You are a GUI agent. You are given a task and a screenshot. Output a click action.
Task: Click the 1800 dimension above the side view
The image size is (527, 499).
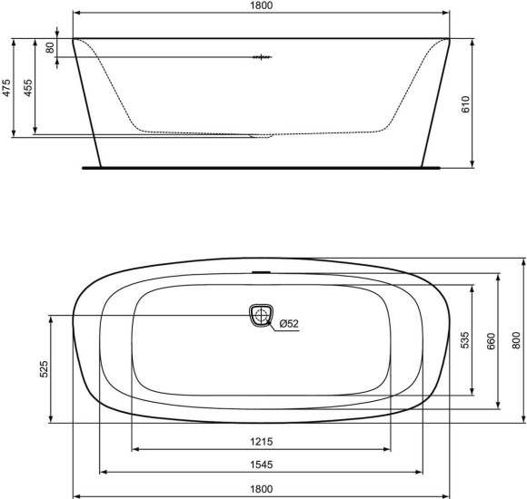coord(261,6)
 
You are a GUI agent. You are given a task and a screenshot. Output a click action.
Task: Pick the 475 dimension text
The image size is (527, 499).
coord(6,88)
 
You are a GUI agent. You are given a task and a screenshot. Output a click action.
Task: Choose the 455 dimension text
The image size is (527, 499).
coord(28,88)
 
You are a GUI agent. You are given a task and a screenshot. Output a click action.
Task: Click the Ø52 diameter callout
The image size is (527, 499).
coord(289,324)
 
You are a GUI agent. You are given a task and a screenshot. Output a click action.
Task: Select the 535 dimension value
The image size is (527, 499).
coord(464,340)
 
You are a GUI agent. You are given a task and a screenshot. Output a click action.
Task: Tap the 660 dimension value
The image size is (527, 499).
coord(492,340)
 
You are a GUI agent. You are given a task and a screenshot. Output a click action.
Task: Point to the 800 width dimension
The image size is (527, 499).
coord(516,340)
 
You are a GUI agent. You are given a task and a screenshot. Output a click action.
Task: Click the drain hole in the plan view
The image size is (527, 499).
coord(261,316)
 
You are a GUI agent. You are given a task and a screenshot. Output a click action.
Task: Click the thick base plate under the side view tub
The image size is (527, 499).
coord(261,168)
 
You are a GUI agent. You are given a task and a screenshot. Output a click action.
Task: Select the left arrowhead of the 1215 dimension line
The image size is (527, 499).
coord(135,449)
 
